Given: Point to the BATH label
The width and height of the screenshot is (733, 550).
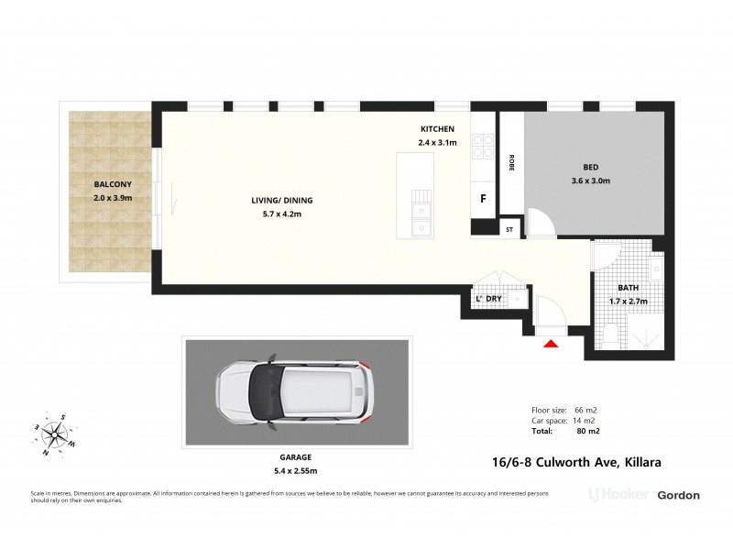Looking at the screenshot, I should (x=628, y=288).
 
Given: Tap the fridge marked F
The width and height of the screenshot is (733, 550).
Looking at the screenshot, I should (x=483, y=198).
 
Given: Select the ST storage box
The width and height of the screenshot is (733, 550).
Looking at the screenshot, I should (x=509, y=229).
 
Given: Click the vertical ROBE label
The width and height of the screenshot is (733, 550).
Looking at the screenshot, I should (x=510, y=161).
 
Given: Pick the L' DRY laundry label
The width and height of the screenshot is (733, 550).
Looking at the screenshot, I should (x=487, y=299).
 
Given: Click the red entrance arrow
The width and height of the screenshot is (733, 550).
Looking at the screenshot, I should (x=551, y=344).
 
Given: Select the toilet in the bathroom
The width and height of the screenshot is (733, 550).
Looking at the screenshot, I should (x=611, y=335).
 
